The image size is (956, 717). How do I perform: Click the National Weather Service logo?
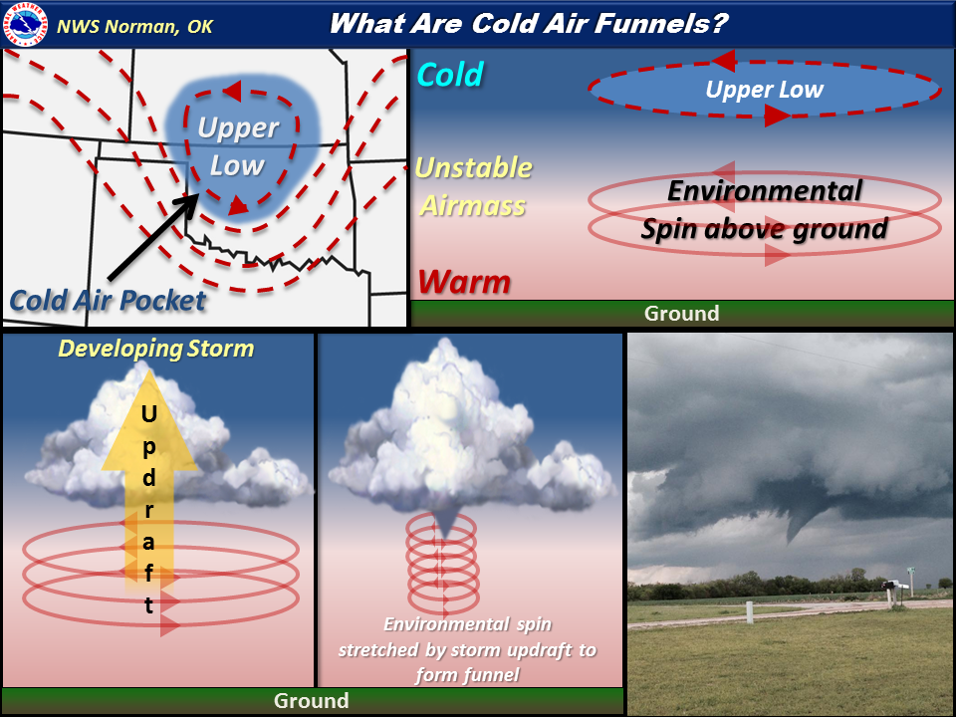(25, 24)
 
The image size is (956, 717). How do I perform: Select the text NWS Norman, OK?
(134, 27)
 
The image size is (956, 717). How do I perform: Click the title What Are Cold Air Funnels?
(529, 24)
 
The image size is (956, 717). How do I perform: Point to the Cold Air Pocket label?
(108, 301)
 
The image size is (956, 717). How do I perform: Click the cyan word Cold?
(450, 75)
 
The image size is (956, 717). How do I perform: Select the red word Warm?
(464, 282)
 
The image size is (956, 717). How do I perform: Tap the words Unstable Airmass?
(473, 186)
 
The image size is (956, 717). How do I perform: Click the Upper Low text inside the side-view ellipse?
(764, 90)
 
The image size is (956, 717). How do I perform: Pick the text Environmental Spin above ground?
(764, 210)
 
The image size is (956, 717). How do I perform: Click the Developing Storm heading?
(156, 349)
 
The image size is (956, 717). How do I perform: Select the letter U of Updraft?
(148, 414)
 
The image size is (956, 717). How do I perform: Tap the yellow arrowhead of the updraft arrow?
(148, 420)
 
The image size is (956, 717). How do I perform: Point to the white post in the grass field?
(749, 612)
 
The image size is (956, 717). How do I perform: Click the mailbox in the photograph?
(890, 585)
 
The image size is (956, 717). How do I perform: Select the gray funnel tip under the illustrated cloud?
(444, 525)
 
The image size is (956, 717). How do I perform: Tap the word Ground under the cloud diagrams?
(311, 700)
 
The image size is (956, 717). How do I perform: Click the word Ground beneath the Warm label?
(681, 314)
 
